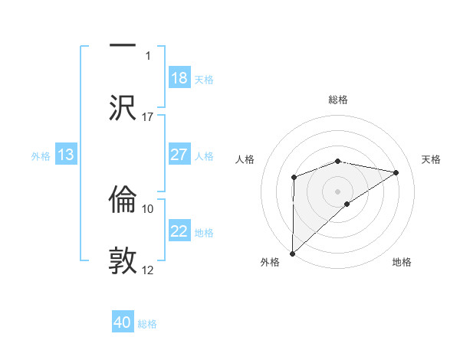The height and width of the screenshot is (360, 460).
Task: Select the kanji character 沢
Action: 123,106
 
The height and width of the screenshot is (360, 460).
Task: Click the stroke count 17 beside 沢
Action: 148,117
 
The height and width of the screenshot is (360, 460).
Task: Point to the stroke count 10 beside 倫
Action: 148,208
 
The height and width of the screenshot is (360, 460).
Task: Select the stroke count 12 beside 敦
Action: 148,270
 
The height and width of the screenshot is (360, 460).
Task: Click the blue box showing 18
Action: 179,78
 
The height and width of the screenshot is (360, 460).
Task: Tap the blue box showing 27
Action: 179,155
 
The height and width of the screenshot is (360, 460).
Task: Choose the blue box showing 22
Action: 179,231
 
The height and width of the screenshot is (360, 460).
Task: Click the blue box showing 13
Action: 66,155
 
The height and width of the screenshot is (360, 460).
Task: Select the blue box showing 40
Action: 123,322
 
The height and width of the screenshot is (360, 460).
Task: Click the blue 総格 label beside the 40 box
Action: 147,324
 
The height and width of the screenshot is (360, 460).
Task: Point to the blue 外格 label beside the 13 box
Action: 41,156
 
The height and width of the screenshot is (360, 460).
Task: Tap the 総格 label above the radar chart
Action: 338,100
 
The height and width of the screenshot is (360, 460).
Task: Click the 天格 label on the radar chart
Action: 432,159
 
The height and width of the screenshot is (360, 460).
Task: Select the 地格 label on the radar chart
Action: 402,262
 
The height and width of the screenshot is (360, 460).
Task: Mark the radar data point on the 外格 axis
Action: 292,253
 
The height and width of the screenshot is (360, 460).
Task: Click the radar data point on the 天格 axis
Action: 396,172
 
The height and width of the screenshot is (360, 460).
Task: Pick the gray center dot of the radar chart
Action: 338,191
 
